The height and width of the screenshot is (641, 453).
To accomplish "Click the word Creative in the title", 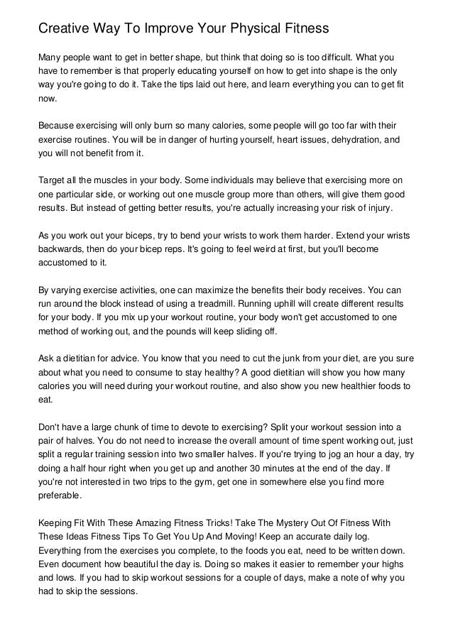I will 64,29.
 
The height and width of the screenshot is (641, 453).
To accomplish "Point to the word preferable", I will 60,496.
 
